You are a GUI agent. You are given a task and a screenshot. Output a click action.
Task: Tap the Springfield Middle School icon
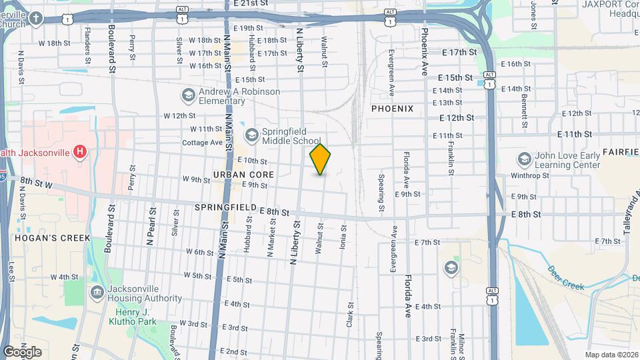[251, 136]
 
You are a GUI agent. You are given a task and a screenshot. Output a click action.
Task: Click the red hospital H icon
[80, 153]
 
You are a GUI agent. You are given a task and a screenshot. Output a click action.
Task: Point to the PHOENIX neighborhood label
[392, 109]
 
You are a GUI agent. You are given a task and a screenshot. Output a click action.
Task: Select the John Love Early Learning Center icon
[524, 160]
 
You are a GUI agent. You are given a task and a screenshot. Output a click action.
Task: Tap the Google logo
[22, 352]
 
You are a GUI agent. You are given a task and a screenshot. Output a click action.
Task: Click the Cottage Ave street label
[203, 143]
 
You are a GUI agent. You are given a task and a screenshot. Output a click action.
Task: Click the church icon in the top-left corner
[35, 19]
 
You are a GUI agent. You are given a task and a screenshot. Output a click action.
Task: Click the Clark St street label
[349, 313]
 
